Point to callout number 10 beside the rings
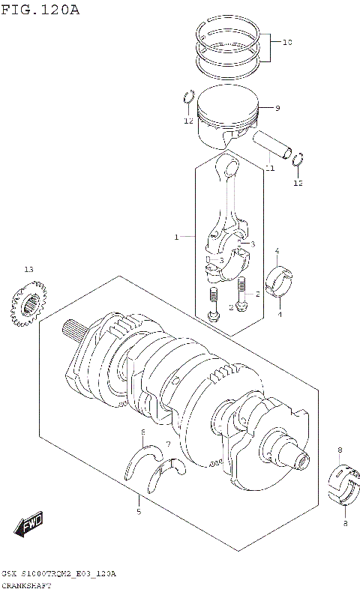(286, 43)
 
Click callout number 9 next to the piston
(277, 109)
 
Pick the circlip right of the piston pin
(298, 159)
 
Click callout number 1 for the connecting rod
(176, 237)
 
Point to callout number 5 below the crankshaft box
(138, 512)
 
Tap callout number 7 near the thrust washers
(168, 444)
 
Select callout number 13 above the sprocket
(28, 269)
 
